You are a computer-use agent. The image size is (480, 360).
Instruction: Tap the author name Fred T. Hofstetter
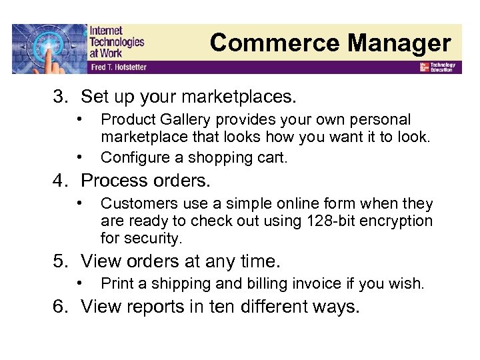pyautogui.click(x=118, y=67)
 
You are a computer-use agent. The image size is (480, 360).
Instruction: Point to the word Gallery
pyautogui.click(x=179, y=120)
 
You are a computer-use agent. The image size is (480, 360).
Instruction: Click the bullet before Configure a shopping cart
pyautogui.click(x=79, y=156)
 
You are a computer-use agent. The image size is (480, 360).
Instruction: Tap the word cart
pyautogui.click(x=273, y=157)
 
